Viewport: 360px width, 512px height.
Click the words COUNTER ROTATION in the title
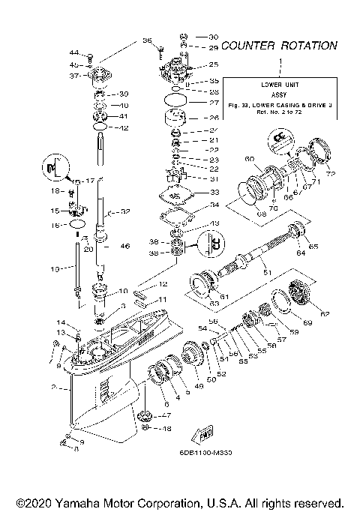tap(279, 46)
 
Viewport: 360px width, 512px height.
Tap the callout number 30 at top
tap(213, 37)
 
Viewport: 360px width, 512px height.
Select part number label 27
tap(214, 103)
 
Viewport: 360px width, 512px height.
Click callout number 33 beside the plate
tap(214, 193)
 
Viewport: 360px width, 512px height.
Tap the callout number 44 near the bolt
tap(74, 52)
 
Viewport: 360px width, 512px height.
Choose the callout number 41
tap(124, 116)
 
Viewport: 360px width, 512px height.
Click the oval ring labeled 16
tap(77, 224)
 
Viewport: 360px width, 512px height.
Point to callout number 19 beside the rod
tap(53, 268)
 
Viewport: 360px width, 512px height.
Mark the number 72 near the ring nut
tap(331, 174)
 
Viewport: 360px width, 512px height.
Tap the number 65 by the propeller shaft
tap(313, 247)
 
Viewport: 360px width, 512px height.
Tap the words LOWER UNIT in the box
tap(278, 84)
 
